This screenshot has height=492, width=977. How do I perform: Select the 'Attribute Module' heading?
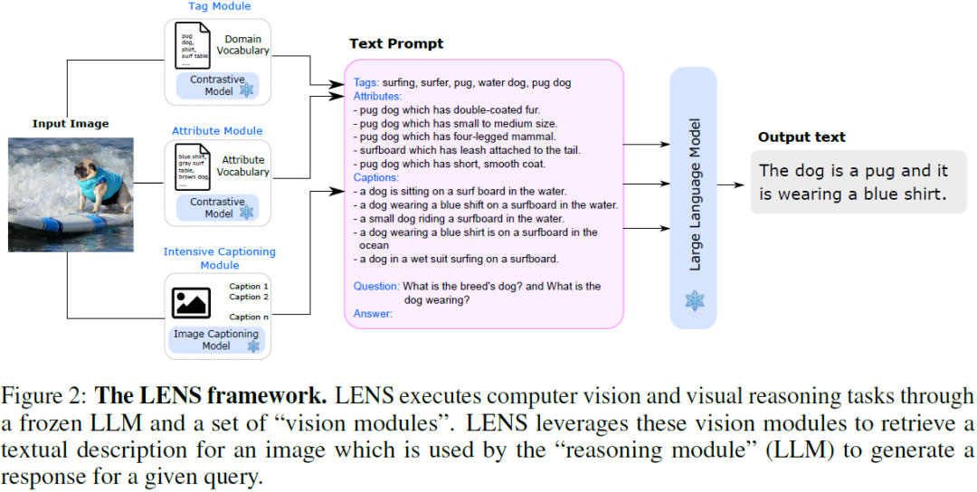(x=217, y=130)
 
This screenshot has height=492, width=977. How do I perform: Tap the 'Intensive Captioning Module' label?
(x=219, y=258)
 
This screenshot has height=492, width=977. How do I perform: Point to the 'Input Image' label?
(x=71, y=124)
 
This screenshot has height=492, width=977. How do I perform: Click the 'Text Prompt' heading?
(x=396, y=44)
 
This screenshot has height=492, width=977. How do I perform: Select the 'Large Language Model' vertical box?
(x=694, y=197)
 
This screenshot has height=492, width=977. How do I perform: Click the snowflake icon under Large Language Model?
(x=694, y=300)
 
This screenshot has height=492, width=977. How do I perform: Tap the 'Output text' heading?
(x=802, y=137)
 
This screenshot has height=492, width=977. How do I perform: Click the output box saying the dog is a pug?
(x=854, y=182)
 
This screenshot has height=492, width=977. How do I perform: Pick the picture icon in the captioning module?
(x=191, y=301)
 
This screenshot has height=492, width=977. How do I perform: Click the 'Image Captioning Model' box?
(x=217, y=340)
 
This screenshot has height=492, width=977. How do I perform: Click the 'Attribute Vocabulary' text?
(x=244, y=166)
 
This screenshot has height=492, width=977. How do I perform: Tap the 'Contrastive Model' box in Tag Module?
(x=217, y=86)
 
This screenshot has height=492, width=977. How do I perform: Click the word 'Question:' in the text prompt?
(x=375, y=287)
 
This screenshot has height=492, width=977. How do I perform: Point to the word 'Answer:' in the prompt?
(x=373, y=314)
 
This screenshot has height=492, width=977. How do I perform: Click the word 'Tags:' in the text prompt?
(x=366, y=83)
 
